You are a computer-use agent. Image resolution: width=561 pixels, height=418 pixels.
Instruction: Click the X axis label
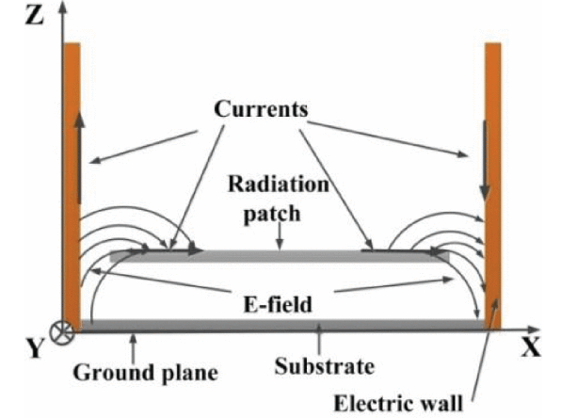[531, 346]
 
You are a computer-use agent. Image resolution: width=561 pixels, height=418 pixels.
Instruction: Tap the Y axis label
[35, 348]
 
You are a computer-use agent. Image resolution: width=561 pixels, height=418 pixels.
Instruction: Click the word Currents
[261, 109]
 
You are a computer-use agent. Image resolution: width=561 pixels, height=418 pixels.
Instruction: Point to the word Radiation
[279, 184]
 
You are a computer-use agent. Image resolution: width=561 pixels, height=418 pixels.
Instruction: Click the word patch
[271, 214]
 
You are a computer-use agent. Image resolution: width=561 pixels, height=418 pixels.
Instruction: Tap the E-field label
[278, 305]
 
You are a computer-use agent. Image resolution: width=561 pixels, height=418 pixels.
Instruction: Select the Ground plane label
[146, 373]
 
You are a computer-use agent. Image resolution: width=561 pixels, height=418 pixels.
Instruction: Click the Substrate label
[324, 366]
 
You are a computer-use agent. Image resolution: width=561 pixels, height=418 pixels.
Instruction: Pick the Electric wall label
[398, 403]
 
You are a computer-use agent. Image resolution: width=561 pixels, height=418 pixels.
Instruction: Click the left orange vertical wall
[72, 185]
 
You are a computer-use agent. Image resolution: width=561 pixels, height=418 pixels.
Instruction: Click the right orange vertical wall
[492, 186]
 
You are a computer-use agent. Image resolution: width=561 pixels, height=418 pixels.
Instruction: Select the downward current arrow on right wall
[485, 160]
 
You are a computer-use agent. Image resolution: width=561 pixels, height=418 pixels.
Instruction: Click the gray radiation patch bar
[280, 256]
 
